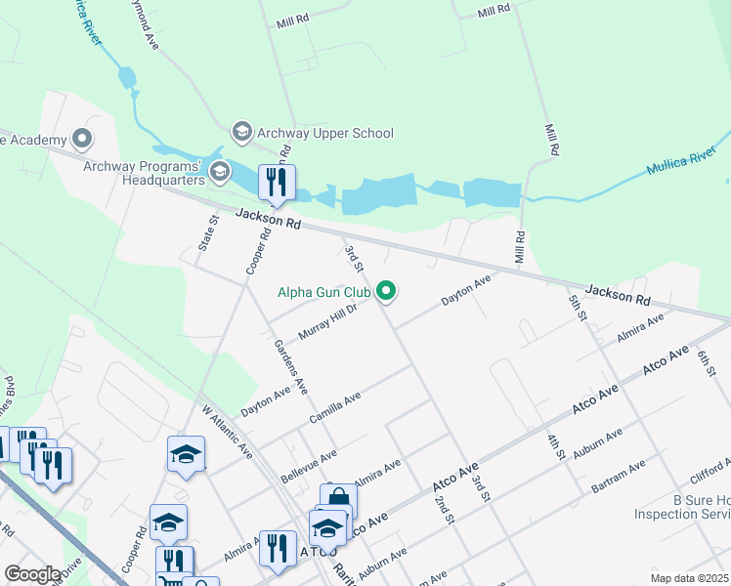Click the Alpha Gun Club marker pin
coord(386,291)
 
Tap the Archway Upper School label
coord(324,133)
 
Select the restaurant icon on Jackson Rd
coord(277,182)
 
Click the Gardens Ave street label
coord(291,366)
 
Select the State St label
coord(206,236)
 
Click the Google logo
coord(32,574)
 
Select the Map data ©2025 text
coord(688,578)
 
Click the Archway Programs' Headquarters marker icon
coord(220,173)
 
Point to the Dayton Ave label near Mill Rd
coord(465,289)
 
